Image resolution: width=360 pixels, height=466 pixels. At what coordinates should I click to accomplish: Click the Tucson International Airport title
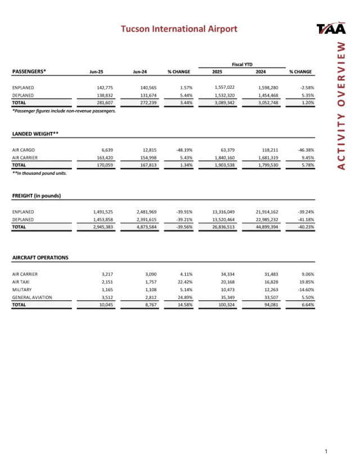[179, 29]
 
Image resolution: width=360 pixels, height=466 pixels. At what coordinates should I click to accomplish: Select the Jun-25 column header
[98, 72]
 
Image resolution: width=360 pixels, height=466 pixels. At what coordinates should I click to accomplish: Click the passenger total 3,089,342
[224, 103]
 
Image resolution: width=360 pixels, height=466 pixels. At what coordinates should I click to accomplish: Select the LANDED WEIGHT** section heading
[35, 134]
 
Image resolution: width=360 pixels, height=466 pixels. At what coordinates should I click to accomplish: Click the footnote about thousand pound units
[39, 173]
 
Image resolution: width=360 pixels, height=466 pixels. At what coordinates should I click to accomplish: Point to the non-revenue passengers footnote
[64, 111]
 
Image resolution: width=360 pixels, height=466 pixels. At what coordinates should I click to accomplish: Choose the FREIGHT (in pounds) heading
[37, 196]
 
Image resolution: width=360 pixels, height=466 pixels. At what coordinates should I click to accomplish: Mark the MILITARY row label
[22, 289]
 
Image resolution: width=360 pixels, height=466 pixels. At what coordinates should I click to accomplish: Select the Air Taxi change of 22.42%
[184, 281]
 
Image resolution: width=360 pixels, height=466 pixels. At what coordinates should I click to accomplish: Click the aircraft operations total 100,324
[226, 305]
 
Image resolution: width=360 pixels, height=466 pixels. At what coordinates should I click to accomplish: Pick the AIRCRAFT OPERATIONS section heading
[40, 257]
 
